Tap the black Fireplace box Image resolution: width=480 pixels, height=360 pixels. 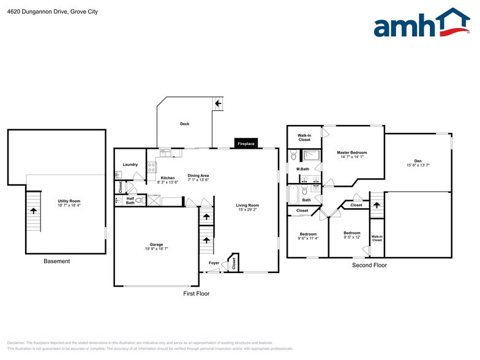tap(246, 144)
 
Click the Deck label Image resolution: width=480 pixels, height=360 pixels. tap(184, 124)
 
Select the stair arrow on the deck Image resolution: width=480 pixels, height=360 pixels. tap(218, 104)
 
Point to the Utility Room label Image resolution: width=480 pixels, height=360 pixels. tap(69, 201)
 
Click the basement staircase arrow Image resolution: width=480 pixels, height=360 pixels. tap(33, 210)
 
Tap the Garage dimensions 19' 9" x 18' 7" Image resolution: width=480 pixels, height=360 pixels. tap(156, 249)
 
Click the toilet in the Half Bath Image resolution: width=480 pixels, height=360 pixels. tap(140, 200)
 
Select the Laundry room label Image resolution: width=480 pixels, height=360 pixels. tap(130, 165)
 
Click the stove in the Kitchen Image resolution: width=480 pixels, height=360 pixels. tap(158, 164)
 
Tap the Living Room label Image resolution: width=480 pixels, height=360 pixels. tap(249, 206)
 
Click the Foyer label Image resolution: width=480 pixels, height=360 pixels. tap(214, 263)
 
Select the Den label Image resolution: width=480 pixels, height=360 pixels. tap(418, 161)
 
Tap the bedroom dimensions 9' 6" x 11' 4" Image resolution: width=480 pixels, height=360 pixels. tap(308, 239)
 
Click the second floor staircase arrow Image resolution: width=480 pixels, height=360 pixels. tap(377, 204)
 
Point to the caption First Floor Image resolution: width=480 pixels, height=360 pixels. tap(197, 294)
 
